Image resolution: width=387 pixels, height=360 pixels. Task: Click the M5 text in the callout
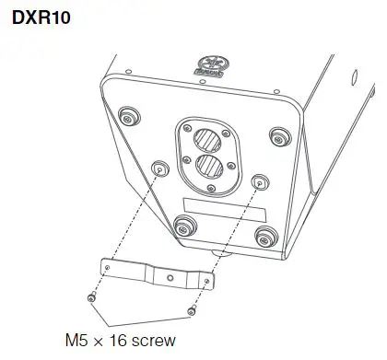coord(75,339)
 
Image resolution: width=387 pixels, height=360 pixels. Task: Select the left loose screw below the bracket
coord(89,298)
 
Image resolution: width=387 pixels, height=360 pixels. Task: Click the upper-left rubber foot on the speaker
coord(128,116)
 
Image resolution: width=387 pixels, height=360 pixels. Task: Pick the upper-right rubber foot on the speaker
coord(276,136)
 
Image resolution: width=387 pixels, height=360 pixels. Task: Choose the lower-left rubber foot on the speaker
coord(183,224)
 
